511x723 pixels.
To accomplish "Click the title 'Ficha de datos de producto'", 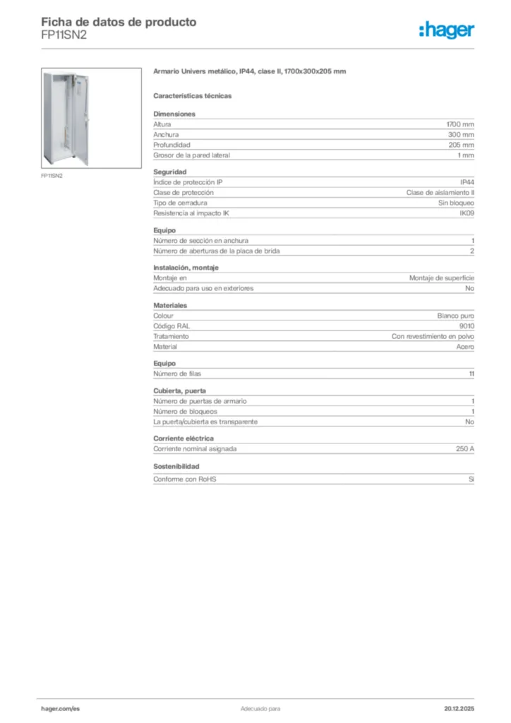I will tap(119, 22).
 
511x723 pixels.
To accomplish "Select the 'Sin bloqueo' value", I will tap(456, 203).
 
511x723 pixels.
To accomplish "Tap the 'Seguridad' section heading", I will tap(170, 172).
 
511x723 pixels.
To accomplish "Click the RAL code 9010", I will tap(467, 326).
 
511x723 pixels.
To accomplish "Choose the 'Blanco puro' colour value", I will tap(456, 316).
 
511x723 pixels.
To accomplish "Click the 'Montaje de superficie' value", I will tap(442, 278).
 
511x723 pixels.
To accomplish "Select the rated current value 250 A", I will tap(465, 448).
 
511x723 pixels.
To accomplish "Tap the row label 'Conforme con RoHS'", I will tap(185, 479).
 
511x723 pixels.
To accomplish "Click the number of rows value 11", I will tap(471, 374).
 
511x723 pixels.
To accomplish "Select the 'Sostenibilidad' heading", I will tap(176, 467).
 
